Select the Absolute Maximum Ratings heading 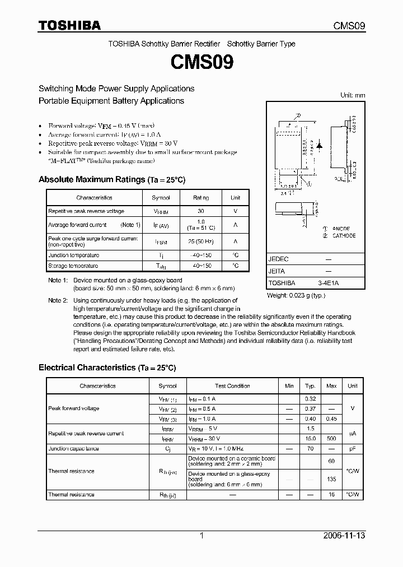pos(111,180)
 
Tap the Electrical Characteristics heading pos(107,368)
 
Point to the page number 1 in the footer pos(201,536)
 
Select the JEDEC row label pos(278,260)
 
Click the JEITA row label pos(277,272)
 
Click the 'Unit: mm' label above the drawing pos(353,95)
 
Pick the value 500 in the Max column pos(331,439)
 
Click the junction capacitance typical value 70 pos(310,449)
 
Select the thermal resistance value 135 pos(331,479)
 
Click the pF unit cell pos(353,449)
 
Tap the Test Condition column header pos(232,386)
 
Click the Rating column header pos(201,198)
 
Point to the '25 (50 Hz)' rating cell pos(201,241)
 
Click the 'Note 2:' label pos(58,301)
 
